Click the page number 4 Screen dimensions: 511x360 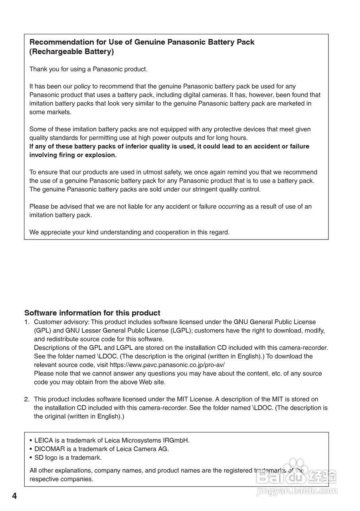tap(14, 496)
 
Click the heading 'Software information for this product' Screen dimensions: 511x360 tap(92, 313)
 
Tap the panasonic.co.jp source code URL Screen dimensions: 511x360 tap(170, 365)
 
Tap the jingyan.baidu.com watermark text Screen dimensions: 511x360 tap(297, 491)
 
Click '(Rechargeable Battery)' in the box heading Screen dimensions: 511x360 tap(71, 51)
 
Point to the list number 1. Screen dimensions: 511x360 tap(26, 322)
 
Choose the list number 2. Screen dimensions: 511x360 tap(26, 399)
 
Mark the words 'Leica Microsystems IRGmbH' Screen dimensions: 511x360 tap(147, 440)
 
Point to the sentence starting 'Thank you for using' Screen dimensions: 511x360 tap(88, 69)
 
